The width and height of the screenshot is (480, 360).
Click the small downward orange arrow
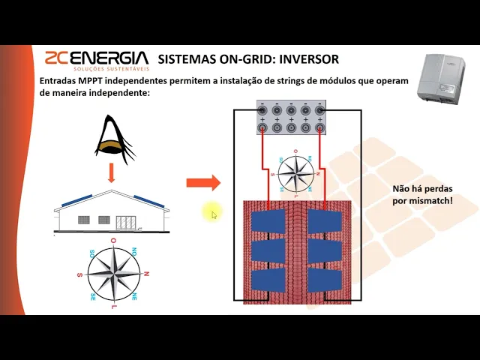[110, 174]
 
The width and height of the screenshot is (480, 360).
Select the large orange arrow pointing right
[202, 182]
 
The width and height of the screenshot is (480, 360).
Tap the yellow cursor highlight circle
[212, 214]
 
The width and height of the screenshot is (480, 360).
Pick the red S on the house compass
[79, 275]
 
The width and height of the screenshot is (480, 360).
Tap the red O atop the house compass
[112, 241]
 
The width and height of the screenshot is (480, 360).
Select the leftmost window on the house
[84, 220]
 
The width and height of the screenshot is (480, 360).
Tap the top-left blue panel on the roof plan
[268, 221]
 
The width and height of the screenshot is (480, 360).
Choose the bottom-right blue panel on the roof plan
[325, 280]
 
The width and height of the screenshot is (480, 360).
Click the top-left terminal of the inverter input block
[263, 110]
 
